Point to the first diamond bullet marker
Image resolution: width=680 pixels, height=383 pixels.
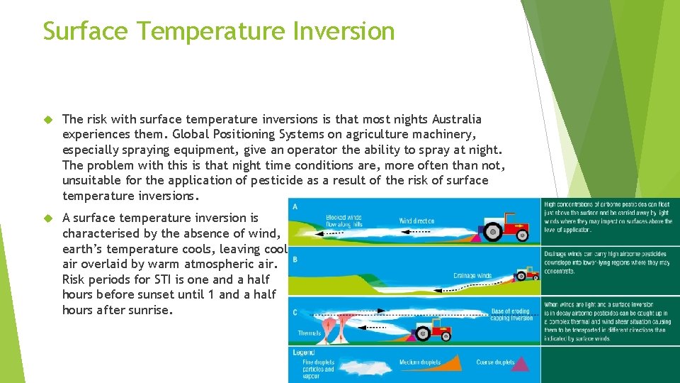pyautogui.click(x=49, y=119)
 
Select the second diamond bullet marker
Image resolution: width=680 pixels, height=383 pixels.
pyautogui.click(x=49, y=218)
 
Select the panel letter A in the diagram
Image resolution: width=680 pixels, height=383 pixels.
pyautogui.click(x=295, y=206)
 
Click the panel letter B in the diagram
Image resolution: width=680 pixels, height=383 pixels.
pyautogui.click(x=295, y=260)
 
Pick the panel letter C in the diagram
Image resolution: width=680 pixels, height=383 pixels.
pyautogui.click(x=295, y=312)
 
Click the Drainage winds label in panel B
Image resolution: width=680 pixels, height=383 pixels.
pyautogui.click(x=472, y=276)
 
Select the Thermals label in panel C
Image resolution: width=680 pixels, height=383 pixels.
pyautogui.click(x=310, y=333)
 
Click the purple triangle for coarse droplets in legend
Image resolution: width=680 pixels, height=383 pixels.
pyautogui.click(x=521, y=363)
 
